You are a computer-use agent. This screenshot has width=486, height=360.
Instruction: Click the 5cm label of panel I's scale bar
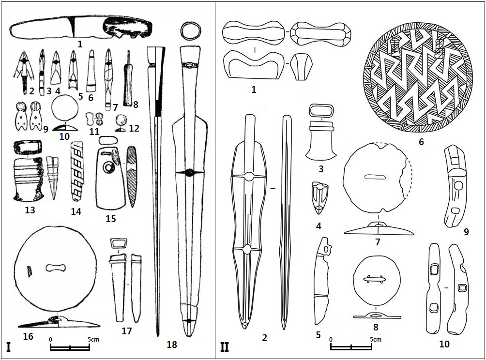(93, 340)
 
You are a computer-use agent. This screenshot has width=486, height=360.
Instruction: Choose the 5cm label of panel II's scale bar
(375, 340)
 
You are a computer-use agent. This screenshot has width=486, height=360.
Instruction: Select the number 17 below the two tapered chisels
(127, 331)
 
